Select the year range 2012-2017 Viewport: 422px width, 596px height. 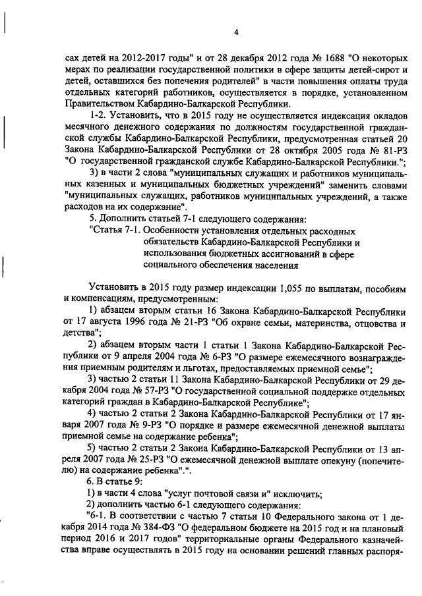[150, 57]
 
